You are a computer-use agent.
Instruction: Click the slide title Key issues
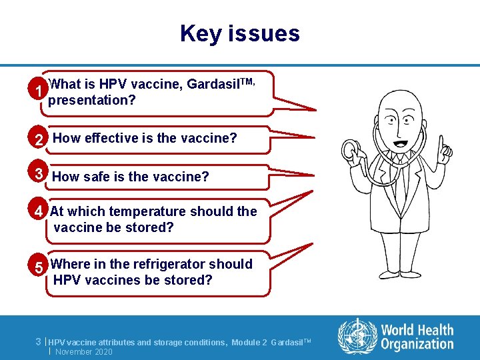[239, 33]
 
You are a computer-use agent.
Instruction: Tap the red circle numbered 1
[41, 91]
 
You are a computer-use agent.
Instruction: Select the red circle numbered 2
[41, 139]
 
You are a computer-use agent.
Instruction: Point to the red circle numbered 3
[41, 174]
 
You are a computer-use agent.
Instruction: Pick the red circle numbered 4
[41, 211]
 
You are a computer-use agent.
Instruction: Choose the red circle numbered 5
[41, 267]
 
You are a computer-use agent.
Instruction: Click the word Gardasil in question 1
[211, 85]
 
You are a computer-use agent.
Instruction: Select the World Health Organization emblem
[357, 335]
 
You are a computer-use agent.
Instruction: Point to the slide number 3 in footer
[39, 341]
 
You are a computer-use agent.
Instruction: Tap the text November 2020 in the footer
[84, 351]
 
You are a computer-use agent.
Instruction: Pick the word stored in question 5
[190, 280]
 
